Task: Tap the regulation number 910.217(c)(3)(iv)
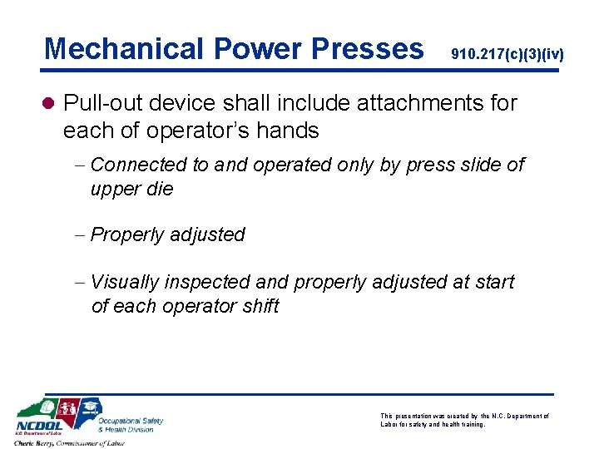pos(507,55)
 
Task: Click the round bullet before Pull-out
pos(50,103)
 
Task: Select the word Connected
pos(139,165)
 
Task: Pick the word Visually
pos(125,283)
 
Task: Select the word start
pos(494,283)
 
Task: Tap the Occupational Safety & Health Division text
pos(131,424)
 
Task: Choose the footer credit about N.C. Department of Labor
pos(464,420)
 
